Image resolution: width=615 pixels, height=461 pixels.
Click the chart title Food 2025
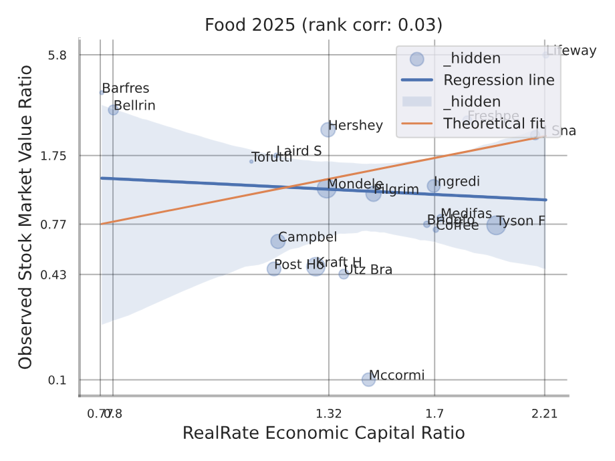[x=324, y=25]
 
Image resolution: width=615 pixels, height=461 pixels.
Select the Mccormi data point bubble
[x=368, y=379]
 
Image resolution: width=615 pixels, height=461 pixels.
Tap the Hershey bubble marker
[x=328, y=130]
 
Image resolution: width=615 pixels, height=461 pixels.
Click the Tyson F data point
[x=496, y=225]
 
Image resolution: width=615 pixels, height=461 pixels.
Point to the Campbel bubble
[x=278, y=241]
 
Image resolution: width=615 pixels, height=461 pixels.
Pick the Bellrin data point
[x=113, y=110]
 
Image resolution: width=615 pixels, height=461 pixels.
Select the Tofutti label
[x=271, y=158]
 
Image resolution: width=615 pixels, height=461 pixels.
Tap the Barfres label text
[x=126, y=88]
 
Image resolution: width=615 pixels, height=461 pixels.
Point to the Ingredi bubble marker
[x=434, y=186]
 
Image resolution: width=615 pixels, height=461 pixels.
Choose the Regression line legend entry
[x=499, y=80]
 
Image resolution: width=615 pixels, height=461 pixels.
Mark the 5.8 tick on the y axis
[x=58, y=55]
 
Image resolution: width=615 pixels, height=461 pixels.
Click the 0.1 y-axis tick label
[x=58, y=380]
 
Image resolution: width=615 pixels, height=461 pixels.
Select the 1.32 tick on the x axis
[x=328, y=413]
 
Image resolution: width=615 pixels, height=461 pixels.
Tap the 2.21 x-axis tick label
[x=545, y=413]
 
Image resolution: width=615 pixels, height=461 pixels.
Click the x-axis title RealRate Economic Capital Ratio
[x=324, y=433]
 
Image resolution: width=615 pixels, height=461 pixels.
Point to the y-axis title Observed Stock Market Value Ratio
[x=25, y=217]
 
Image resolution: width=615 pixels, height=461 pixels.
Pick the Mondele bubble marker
[x=326, y=188]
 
